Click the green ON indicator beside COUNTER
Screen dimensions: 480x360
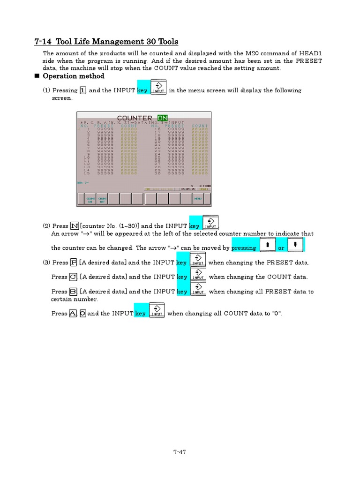click(x=163, y=118)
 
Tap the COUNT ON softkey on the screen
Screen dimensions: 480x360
click(x=90, y=199)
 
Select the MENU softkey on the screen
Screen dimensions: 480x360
click(x=198, y=199)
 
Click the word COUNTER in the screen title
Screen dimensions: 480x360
click(x=135, y=118)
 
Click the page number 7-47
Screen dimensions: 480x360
click(x=180, y=452)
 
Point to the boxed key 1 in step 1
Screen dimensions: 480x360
click(x=83, y=90)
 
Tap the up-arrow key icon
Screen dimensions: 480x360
click(x=267, y=245)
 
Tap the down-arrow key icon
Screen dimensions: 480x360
click(x=295, y=245)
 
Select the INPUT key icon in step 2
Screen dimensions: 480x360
click(x=210, y=223)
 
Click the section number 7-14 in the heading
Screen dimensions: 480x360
click(x=43, y=42)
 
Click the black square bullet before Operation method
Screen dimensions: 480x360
click(x=37, y=76)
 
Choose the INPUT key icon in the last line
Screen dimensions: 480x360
click(x=157, y=311)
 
